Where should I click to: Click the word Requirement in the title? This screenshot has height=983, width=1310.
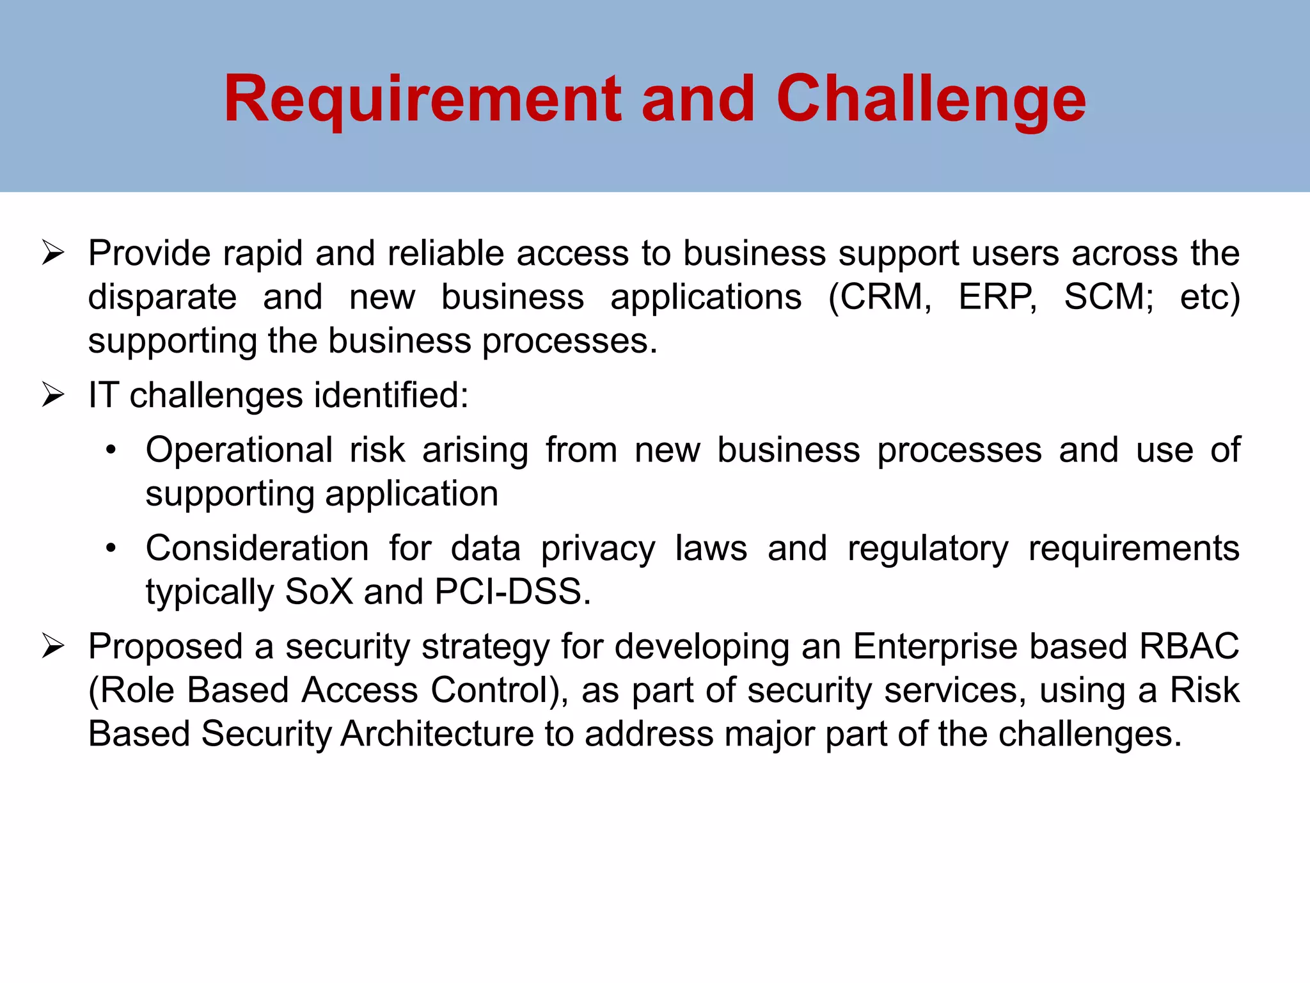coord(422,99)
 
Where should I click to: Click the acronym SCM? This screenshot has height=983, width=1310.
coord(1108,297)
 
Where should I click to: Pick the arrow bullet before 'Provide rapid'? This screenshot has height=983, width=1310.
coord(53,253)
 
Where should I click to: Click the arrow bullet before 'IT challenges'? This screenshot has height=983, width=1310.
coord(53,395)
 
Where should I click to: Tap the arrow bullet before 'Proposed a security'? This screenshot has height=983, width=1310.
coord(53,646)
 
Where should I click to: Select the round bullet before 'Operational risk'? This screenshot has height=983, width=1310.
coord(111,451)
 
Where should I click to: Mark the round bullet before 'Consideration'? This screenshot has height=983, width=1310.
coord(111,548)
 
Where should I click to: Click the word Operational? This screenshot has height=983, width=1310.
coord(239,451)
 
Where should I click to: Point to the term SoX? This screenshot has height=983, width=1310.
coord(319,592)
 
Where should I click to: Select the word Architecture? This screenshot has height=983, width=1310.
coord(437,733)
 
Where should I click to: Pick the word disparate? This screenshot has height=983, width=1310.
coord(162,298)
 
